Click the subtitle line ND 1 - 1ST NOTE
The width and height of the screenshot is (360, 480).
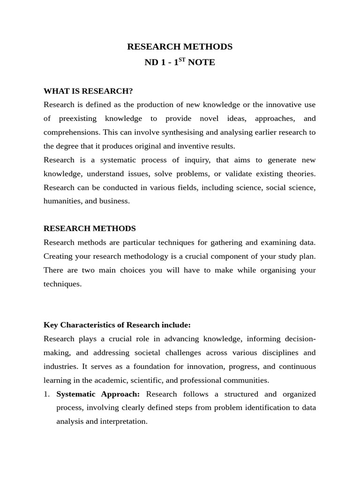[x=180, y=62]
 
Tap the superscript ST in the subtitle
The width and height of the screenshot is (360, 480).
[x=182, y=59]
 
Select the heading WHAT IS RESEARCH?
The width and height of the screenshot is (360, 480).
[x=88, y=91]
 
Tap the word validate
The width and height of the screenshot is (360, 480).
[x=238, y=173]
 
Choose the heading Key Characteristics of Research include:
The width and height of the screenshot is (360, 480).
[x=117, y=325]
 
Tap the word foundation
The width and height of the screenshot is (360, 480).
[x=158, y=366]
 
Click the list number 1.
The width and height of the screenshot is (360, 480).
[x=46, y=394]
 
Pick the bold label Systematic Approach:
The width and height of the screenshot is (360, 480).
[x=98, y=394]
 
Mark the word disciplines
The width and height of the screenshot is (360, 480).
[x=272, y=352]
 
